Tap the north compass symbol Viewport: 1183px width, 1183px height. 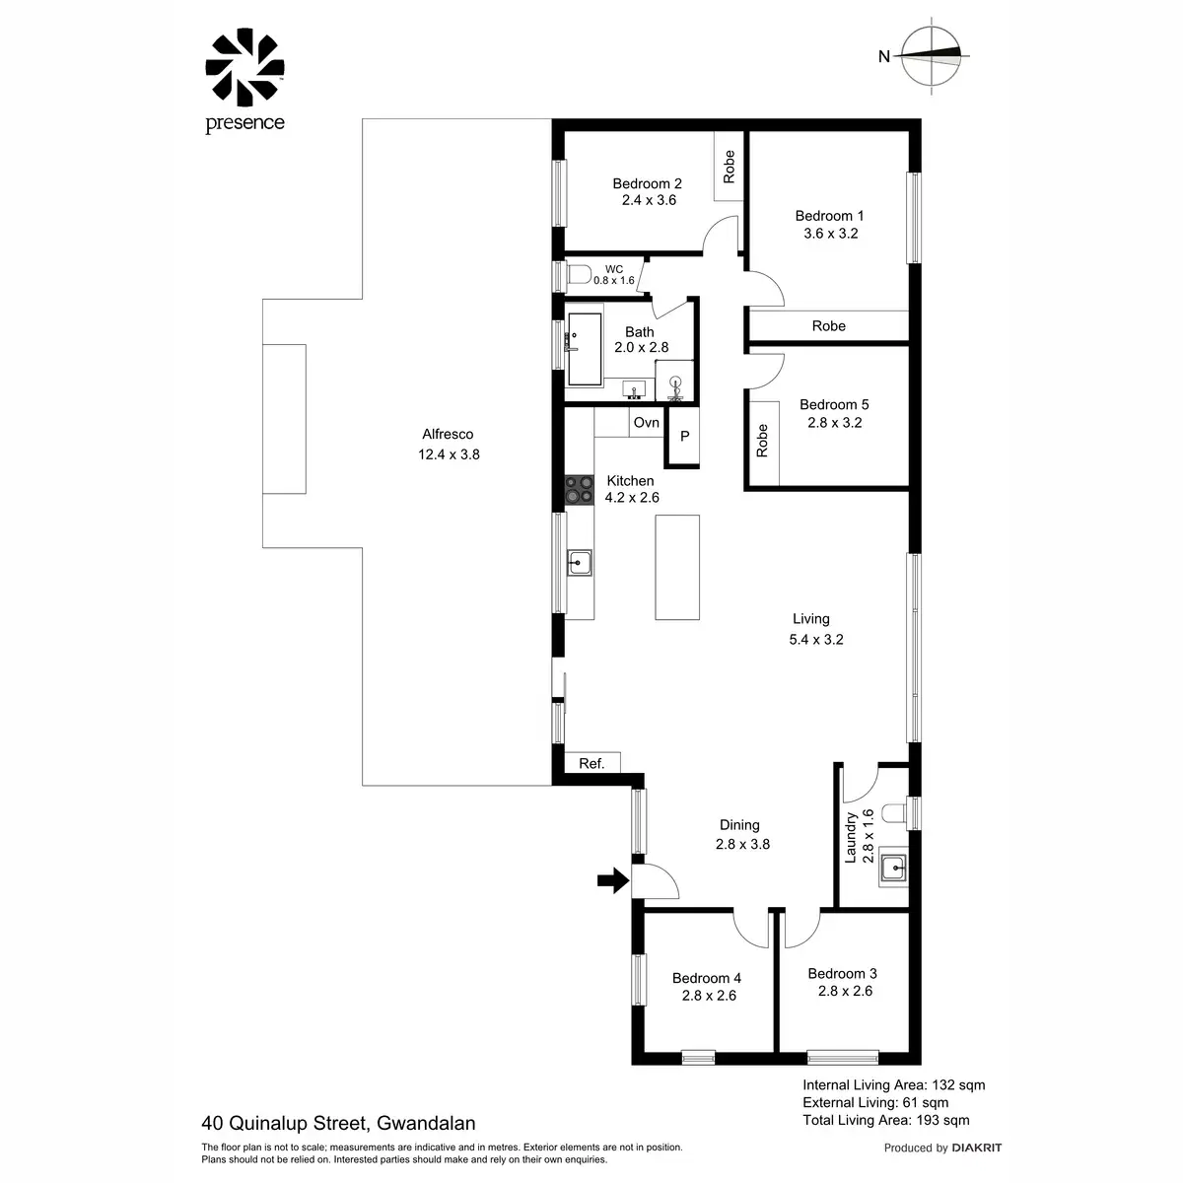[x=932, y=56]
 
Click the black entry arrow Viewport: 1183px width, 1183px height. [x=612, y=880]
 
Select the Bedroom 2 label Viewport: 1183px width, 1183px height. [x=647, y=183]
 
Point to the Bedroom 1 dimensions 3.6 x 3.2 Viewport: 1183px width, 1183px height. [x=830, y=234]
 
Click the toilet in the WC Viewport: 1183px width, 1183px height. [x=578, y=273]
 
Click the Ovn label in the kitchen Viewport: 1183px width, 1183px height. [x=647, y=423]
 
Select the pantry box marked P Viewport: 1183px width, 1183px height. [x=684, y=436]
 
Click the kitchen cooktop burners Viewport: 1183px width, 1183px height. [x=579, y=490]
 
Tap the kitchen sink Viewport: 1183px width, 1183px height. [x=579, y=563]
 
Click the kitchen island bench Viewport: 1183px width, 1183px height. [x=677, y=567]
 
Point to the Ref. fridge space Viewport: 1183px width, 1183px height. [x=591, y=763]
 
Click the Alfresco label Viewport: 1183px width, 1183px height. [x=448, y=434]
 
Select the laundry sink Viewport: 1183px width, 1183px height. [x=893, y=869]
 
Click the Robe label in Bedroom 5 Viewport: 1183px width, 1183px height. [x=762, y=441]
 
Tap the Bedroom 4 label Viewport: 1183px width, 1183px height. [x=707, y=978]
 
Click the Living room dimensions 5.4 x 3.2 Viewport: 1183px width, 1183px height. [x=816, y=639]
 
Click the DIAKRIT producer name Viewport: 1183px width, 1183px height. [x=977, y=1148]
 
